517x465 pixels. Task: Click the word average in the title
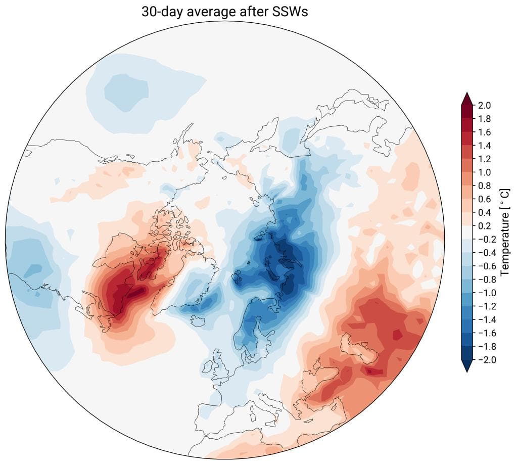click(219, 12)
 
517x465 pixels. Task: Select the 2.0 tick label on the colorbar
click(483, 105)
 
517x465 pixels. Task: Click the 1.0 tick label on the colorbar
click(483, 172)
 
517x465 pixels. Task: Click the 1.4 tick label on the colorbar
click(483, 146)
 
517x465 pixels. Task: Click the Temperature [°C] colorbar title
click(504, 232)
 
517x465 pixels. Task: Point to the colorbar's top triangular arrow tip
click(467, 94)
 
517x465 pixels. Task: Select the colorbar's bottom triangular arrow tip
click(467, 371)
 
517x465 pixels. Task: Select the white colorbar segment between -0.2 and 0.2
click(467, 232)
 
